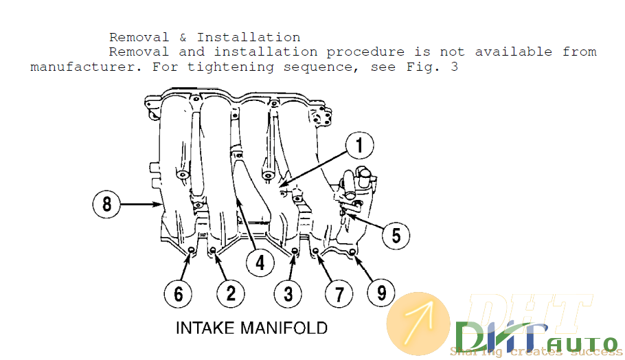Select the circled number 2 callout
(231, 294)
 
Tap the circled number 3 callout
(287, 294)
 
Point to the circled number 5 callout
(396, 235)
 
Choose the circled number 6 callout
(179, 294)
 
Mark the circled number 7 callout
(338, 294)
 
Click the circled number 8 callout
(107, 204)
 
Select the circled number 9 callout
(381, 294)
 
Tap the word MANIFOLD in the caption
(284, 327)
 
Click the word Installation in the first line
(249, 37)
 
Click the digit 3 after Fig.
(454, 67)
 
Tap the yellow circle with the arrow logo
(418, 324)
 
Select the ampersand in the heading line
(183, 37)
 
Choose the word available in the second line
(513, 52)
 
